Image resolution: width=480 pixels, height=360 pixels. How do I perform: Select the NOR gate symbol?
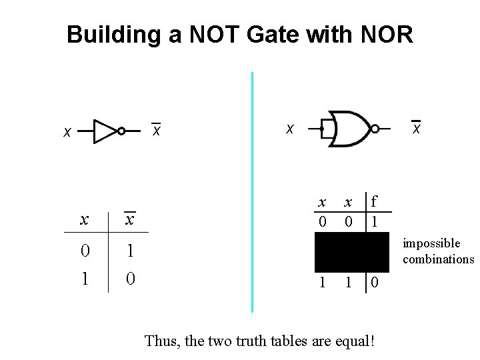click(349, 128)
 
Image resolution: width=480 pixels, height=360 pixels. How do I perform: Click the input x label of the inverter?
click(67, 133)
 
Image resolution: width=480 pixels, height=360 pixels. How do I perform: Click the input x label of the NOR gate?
click(289, 127)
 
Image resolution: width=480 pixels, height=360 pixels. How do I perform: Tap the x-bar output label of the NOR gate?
click(416, 127)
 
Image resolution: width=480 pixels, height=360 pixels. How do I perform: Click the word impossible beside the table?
click(431, 244)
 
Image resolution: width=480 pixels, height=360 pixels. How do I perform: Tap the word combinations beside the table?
click(438, 259)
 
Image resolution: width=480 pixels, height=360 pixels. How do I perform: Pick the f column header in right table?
click(375, 201)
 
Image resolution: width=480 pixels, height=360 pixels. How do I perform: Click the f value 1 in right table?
click(375, 221)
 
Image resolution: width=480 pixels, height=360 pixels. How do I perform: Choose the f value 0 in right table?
click(375, 283)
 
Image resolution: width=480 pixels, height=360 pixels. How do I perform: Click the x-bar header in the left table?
click(131, 219)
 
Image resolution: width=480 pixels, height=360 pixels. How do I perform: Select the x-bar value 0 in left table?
click(131, 277)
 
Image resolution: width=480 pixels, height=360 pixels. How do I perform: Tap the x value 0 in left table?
click(85, 251)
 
